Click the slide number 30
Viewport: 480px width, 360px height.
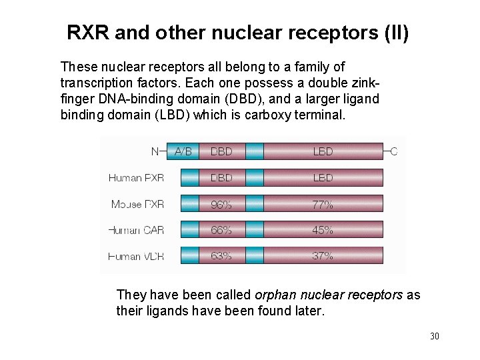[435, 336]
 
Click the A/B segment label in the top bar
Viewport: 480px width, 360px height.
[183, 151]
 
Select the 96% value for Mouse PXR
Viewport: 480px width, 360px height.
[221, 204]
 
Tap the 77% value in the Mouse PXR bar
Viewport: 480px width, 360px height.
[323, 204]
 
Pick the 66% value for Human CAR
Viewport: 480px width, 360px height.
[221, 230]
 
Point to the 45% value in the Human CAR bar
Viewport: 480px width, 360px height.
[323, 230]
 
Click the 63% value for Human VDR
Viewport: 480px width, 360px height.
[221, 255]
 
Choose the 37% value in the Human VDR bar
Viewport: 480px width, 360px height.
[323, 255]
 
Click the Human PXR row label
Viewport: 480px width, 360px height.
[136, 178]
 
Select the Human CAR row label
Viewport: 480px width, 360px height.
[136, 230]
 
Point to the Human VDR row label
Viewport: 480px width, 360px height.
[136, 255]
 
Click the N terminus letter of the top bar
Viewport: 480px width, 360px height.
[155, 151]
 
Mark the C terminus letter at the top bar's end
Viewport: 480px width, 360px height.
[393, 151]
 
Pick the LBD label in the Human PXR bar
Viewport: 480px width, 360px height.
[323, 178]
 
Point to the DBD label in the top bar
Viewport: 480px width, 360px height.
[221, 151]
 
